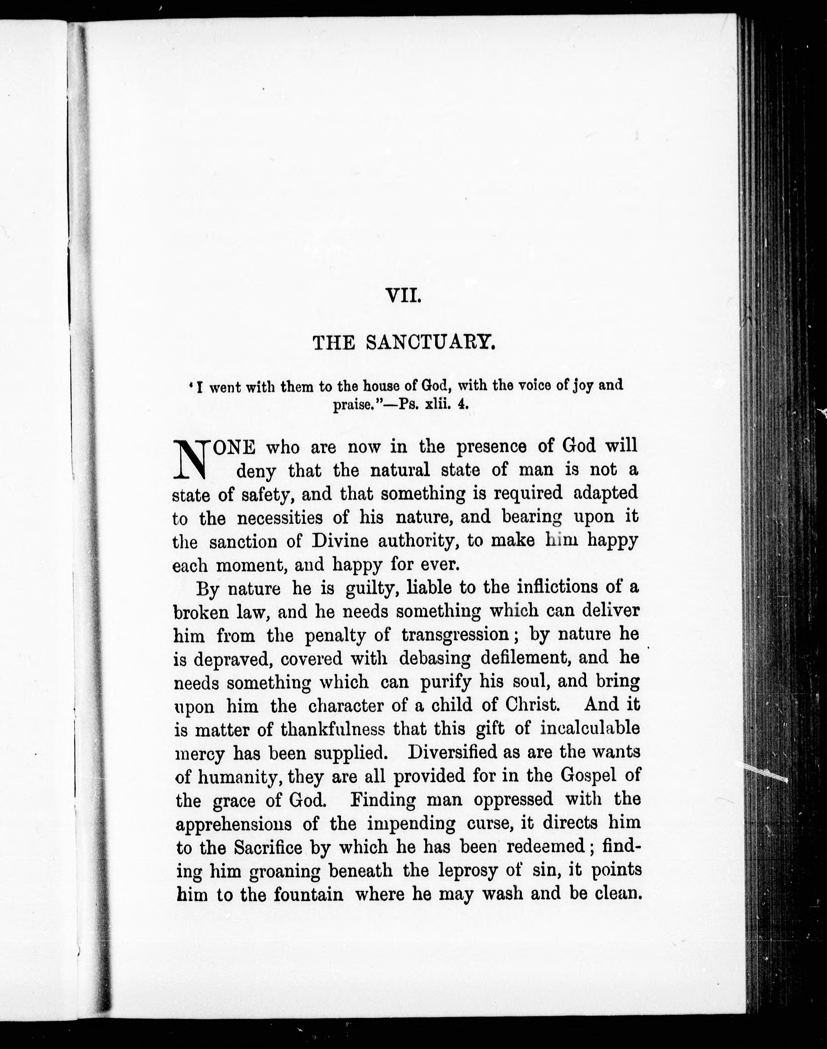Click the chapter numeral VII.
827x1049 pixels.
coord(403,295)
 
